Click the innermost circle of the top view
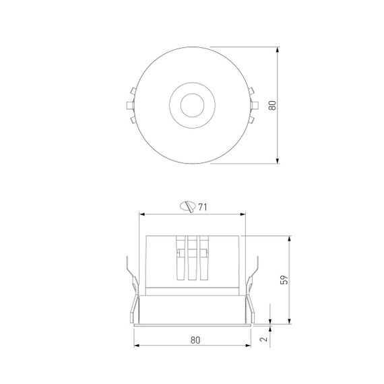point(191,105)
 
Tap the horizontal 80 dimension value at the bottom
point(195,340)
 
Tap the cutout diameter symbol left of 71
point(188,207)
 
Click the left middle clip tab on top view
point(129,105)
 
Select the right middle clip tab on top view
point(255,105)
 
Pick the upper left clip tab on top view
point(131,92)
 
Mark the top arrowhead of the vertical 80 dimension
point(279,50)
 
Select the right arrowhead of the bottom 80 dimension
point(247,347)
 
